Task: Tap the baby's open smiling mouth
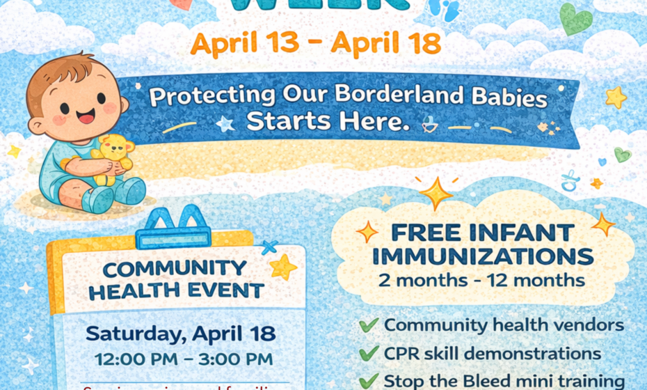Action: pos(86,116)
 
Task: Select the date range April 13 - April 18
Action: pos(316,43)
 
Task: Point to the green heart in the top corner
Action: pos(576,19)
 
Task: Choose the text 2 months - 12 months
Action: pos(481,281)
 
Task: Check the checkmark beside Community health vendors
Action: pos(369,325)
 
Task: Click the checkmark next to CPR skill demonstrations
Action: pos(369,354)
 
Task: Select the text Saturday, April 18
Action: pos(180,333)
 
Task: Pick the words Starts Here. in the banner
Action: pos(326,121)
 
